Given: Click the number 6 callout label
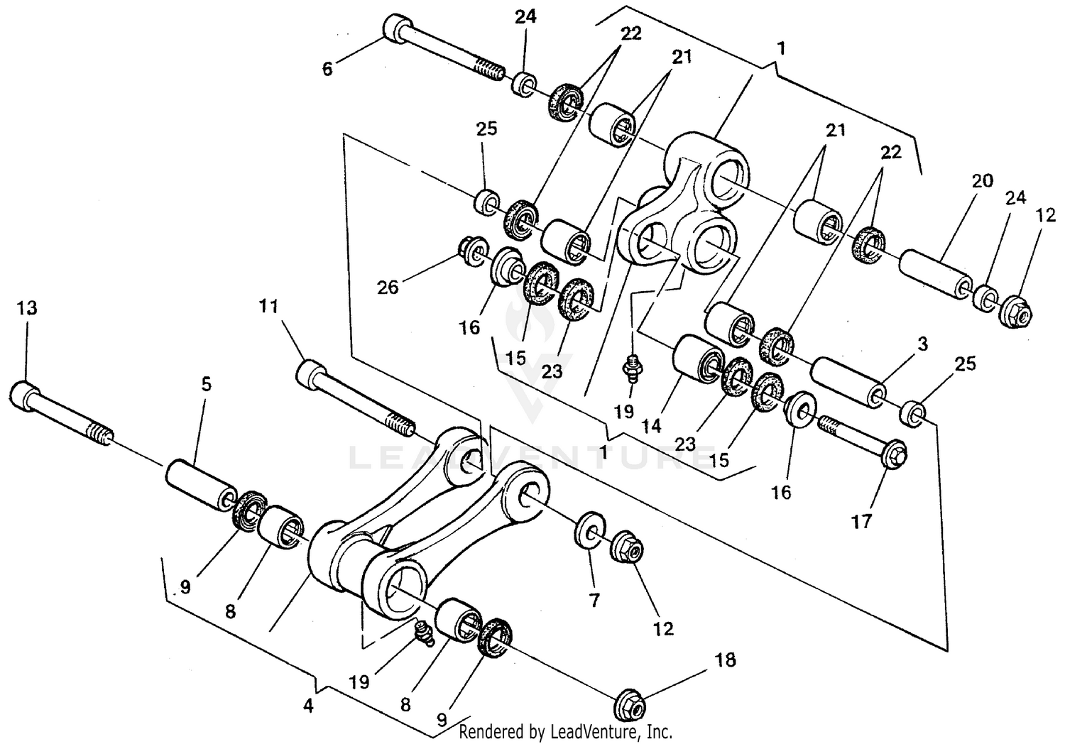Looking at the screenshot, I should click(x=327, y=69).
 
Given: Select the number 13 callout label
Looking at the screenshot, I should click(x=27, y=309).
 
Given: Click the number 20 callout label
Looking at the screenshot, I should click(x=982, y=181).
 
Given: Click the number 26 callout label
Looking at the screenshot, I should click(x=388, y=287).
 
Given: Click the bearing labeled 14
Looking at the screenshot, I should click(x=699, y=356).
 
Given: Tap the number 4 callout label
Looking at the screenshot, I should click(x=307, y=706).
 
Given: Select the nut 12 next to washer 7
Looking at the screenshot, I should click(x=628, y=546).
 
